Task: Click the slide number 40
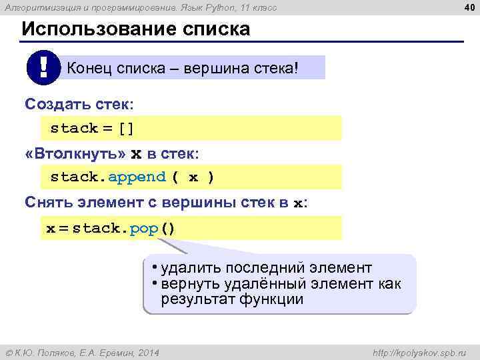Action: coord(467,7)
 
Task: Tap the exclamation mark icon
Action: coord(44,67)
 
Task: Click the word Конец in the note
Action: coord(89,68)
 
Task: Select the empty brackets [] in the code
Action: coord(127,128)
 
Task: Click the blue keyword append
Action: coord(137,177)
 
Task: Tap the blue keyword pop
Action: coord(144,229)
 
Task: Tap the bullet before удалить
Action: coord(153,267)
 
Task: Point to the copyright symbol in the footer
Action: coord(9,351)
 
